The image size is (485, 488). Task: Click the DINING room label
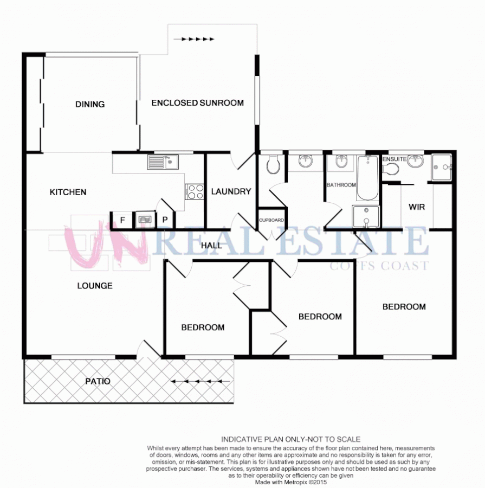pos(90,104)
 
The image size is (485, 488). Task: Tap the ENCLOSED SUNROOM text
pos(197,102)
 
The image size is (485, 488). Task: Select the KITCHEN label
pos(68,192)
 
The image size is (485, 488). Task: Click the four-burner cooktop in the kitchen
pos(195,191)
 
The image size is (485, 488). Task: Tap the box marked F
pos(122,220)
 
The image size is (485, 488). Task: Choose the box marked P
pos(164,220)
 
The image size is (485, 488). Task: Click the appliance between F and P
pos(144,220)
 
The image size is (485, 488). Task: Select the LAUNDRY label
pos(231,191)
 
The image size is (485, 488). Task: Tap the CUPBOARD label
pos(271,220)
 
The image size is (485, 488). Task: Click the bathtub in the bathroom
pos(368,178)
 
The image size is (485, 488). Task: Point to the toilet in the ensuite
pos(391,169)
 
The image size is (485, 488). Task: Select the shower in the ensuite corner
pos(442,166)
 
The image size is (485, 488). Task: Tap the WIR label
pos(416,207)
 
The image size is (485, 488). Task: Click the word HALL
pos(211,246)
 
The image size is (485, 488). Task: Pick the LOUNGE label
pos(95,285)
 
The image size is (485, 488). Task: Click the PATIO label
pos(98,381)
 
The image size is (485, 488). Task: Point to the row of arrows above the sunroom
pos(198,39)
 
